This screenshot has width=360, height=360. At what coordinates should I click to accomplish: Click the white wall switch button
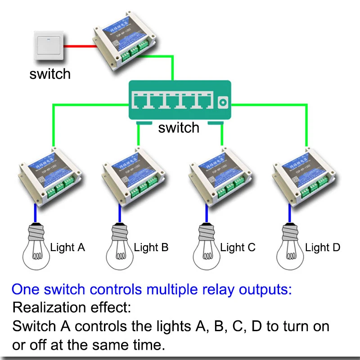pos(49,47)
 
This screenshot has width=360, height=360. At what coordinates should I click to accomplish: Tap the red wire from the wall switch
pos(79,46)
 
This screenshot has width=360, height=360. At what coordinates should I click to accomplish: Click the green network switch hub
pos(180,100)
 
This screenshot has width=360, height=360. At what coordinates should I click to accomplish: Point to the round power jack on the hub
pos(222,103)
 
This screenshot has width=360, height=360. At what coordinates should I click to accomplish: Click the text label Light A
pos(67,247)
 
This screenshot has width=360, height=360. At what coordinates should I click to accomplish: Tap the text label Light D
pos(323,247)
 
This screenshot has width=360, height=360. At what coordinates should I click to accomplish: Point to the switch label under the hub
pos(179,128)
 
